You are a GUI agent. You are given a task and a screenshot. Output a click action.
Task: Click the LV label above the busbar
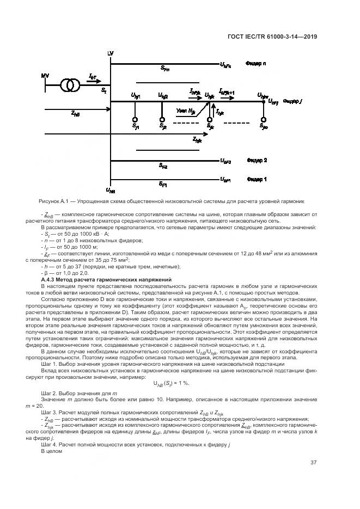111,53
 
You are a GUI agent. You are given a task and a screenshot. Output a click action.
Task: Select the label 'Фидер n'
256,64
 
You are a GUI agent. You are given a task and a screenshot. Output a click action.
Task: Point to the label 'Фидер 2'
257,161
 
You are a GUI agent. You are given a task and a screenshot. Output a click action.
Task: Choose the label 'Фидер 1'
257,179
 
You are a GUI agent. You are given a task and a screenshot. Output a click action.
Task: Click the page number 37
313,463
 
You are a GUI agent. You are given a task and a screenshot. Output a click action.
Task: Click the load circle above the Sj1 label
135,119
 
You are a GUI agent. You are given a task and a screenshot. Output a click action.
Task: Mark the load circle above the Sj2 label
162,119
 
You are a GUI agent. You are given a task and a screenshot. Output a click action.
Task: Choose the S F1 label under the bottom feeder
163,185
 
